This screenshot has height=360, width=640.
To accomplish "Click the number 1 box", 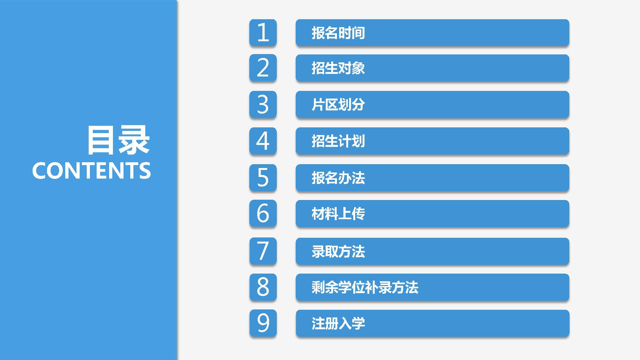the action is click(x=263, y=33).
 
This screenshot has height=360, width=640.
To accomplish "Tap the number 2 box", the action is click(x=263, y=68).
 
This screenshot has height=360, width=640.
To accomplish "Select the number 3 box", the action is click(x=263, y=105).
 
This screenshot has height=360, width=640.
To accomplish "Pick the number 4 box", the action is click(x=263, y=141).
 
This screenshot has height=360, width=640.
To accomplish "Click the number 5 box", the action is click(x=263, y=178).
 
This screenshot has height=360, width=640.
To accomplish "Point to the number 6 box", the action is click(x=263, y=213).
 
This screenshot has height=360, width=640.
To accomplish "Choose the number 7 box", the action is click(x=263, y=251).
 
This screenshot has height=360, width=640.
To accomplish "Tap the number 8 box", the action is click(x=263, y=287).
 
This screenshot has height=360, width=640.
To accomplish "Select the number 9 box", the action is click(x=263, y=323).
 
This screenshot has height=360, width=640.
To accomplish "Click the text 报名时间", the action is click(x=338, y=33).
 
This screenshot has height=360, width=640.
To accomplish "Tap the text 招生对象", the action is click(x=338, y=68).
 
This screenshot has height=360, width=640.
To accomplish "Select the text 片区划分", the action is click(x=338, y=105).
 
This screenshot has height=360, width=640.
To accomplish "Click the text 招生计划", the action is click(x=338, y=141).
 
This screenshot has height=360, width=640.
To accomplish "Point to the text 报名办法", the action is click(x=338, y=178).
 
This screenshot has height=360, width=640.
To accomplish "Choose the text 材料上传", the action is click(x=338, y=214).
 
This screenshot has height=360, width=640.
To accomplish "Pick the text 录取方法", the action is click(x=338, y=252).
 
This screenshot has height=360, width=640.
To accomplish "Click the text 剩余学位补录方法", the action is click(x=365, y=287).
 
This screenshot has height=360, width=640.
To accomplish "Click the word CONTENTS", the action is click(x=92, y=171).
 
